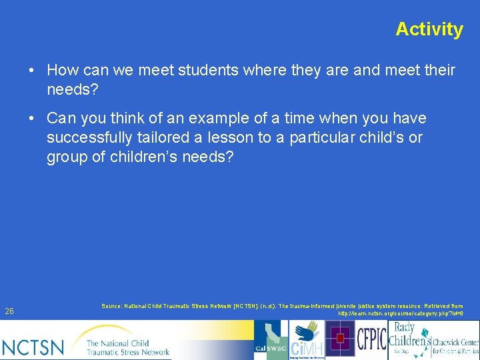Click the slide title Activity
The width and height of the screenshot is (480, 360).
(x=429, y=29)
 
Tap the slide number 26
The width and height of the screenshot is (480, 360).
(x=9, y=311)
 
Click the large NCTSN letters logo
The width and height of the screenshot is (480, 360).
(x=33, y=346)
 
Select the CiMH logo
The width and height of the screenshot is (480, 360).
(x=306, y=340)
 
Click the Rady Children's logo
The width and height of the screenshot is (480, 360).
(x=408, y=339)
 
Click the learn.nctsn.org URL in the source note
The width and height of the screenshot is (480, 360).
(x=400, y=313)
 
